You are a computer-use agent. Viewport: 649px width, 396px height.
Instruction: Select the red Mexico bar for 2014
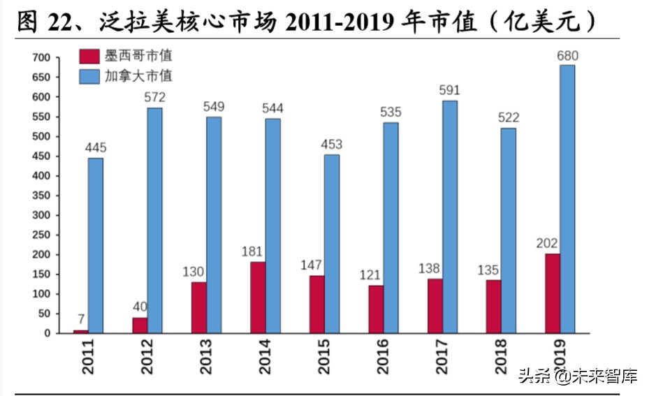click(258, 298)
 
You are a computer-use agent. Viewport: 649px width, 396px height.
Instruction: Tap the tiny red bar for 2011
click(81, 331)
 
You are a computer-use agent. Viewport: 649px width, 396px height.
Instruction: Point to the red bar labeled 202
click(553, 293)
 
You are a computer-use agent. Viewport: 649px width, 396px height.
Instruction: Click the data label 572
click(154, 98)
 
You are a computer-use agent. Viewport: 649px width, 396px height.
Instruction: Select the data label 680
click(568, 55)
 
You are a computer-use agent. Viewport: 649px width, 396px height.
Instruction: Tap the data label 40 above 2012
click(140, 307)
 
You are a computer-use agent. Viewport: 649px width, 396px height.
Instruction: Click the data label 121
click(376, 274)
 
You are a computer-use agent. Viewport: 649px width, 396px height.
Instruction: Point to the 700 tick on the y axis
click(43, 57)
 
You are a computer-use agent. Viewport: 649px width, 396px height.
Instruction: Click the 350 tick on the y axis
click(43, 196)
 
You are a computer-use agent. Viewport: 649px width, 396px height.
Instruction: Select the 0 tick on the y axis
click(48, 333)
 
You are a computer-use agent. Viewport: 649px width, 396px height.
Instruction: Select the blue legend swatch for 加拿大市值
click(89, 75)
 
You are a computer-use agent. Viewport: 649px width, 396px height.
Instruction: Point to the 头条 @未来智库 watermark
click(577, 376)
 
